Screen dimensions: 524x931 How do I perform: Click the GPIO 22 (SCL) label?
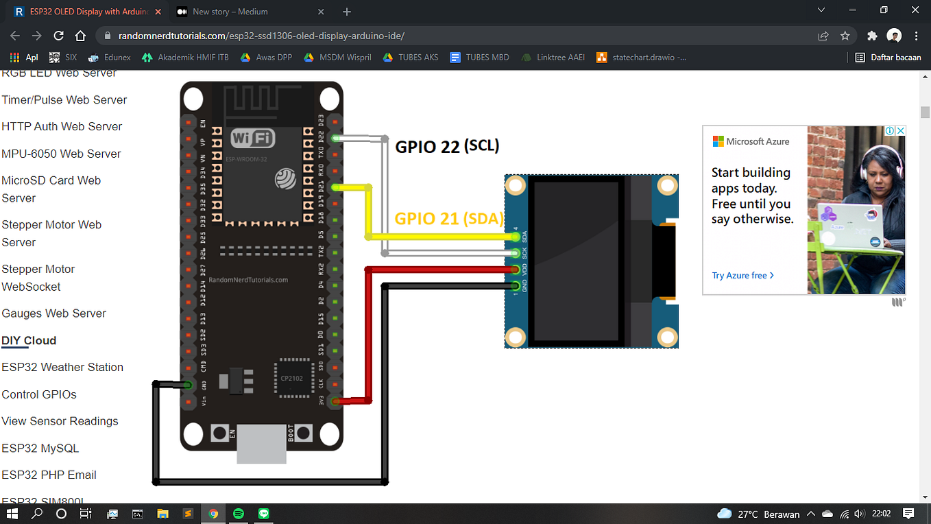pos(447,146)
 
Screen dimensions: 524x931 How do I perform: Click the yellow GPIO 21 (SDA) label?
pos(449,219)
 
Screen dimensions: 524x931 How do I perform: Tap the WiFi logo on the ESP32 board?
pos(253,139)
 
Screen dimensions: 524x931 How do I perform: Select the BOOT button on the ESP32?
pos(302,433)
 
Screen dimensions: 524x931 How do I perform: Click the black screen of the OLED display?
pos(578,261)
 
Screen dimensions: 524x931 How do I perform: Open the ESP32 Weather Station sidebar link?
pos(62,368)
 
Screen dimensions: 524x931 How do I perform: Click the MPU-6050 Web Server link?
pos(61,154)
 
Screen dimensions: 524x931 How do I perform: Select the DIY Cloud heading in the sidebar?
pos(29,341)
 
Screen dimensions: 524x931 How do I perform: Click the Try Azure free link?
pos(742,276)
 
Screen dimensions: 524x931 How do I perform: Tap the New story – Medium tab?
pos(230,12)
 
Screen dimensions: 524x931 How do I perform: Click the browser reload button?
pos(59,36)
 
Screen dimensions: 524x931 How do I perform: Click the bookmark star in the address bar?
pos(845,36)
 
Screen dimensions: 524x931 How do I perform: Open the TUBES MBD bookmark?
pos(480,58)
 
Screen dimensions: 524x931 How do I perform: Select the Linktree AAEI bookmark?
pos(553,58)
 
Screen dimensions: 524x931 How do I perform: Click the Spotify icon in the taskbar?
pos(239,513)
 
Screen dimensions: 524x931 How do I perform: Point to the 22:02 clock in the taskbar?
pos(881,513)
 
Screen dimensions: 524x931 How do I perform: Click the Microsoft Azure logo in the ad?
pos(751,141)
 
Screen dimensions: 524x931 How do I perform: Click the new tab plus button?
pos(347,12)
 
